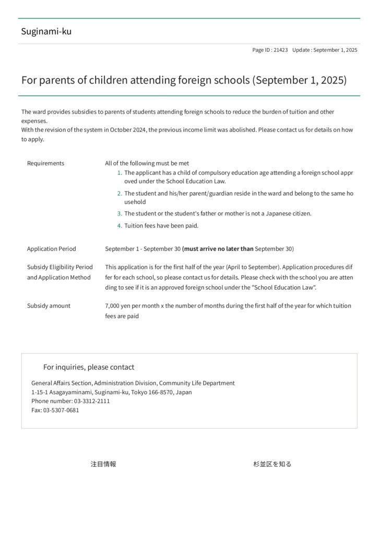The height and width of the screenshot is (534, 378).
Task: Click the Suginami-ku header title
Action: pyautogui.click(x=46, y=31)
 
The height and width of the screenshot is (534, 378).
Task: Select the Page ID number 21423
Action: pyautogui.click(x=280, y=50)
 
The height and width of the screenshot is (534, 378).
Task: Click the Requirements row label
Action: pyautogui.click(x=45, y=163)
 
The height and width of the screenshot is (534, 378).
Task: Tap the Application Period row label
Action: pyautogui.click(x=51, y=249)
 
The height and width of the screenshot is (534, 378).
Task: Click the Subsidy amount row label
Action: pyautogui.click(x=49, y=306)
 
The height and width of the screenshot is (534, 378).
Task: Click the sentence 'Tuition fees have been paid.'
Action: pyautogui.click(x=161, y=226)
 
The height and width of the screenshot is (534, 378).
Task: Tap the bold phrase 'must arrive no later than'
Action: pyautogui.click(x=218, y=249)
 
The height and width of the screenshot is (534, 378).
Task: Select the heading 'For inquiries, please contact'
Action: pyautogui.click(x=89, y=367)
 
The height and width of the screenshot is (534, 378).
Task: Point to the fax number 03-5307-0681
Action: pyautogui.click(x=61, y=410)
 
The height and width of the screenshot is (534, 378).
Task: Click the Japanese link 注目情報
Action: pyautogui.click(x=103, y=464)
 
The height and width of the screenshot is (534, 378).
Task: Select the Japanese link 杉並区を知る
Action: pyautogui.click(x=273, y=464)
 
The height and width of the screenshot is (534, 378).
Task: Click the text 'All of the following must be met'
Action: pyautogui.click(x=147, y=163)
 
